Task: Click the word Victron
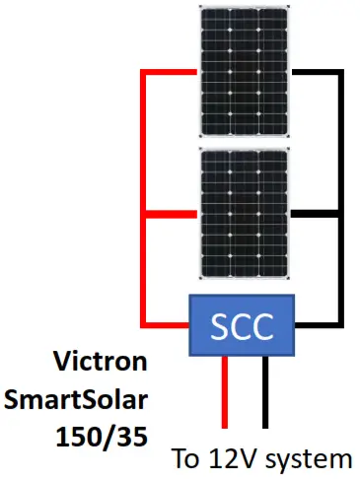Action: point(109,363)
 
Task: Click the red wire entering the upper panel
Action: point(173,72)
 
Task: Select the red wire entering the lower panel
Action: point(173,212)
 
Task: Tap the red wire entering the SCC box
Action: point(168,321)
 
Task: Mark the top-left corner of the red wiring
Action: point(144,72)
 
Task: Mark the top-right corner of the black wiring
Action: point(342,72)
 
